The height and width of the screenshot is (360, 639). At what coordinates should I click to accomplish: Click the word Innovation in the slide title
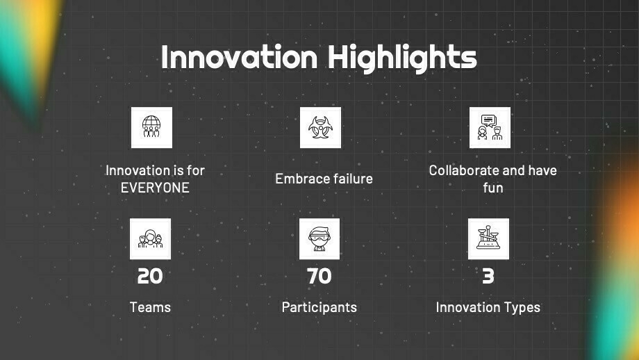click(239, 57)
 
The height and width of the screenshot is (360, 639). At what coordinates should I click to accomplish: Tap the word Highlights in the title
click(403, 58)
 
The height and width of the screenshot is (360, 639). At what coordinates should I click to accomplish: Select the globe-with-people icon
click(151, 128)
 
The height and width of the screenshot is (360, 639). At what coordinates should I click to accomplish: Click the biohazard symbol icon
click(320, 128)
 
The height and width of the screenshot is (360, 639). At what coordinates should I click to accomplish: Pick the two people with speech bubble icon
click(490, 128)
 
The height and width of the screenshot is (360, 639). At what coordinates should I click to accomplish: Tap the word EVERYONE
click(155, 188)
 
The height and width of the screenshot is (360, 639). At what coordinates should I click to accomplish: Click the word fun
click(493, 188)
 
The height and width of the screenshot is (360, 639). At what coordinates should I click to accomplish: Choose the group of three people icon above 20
click(150, 239)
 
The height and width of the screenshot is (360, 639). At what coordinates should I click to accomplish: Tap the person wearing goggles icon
click(319, 239)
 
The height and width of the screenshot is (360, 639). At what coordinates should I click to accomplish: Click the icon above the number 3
click(488, 239)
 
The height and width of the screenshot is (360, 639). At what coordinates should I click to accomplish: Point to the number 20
click(150, 276)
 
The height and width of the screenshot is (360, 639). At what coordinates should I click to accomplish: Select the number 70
click(319, 276)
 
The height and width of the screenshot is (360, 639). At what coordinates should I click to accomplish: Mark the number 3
click(488, 276)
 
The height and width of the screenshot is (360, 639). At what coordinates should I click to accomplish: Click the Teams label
click(150, 307)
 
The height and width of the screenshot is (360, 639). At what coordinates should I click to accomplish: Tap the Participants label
click(319, 307)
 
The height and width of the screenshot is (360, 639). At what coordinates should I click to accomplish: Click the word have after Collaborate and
click(542, 170)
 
